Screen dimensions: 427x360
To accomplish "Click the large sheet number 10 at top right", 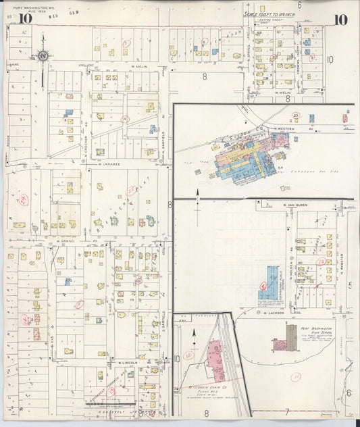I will click(340, 19).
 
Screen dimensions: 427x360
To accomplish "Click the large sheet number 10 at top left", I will click(25, 18).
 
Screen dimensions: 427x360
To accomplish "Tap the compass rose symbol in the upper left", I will click(43, 56).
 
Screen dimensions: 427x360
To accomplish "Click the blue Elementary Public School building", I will click(270, 282).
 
